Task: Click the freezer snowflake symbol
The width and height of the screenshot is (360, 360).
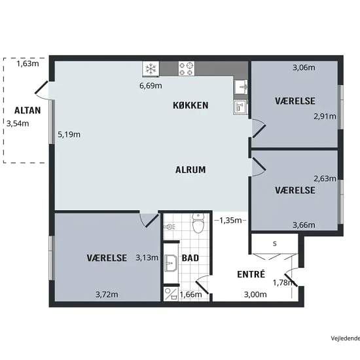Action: (151, 69)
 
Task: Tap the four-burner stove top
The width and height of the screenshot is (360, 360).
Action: (187, 69)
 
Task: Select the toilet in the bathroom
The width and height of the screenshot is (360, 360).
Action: (198, 223)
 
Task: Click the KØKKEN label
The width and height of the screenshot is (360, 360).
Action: (190, 105)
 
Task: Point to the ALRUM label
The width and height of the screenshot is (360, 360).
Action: (190, 170)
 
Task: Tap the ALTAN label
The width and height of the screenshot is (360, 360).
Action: (27, 111)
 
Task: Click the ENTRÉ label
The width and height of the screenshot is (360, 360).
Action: (251, 274)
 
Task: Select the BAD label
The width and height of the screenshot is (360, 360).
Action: (190, 258)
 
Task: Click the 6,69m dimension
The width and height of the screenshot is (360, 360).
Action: (151, 86)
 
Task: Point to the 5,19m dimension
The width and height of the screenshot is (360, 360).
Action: (69, 134)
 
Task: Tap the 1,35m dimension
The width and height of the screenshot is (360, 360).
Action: (230, 221)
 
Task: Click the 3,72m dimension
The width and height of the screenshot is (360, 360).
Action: (107, 294)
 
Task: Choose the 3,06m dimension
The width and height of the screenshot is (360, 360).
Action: (304, 67)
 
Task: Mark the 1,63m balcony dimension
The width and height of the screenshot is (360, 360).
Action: (27, 63)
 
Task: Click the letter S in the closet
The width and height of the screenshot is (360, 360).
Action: (275, 243)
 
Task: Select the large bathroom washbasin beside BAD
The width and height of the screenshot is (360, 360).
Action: (171, 263)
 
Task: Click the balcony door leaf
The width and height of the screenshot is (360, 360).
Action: (41, 87)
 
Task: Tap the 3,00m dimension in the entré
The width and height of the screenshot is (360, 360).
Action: (255, 294)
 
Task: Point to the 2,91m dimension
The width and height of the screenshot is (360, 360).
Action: (325, 117)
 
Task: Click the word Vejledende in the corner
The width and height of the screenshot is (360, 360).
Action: (346, 338)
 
